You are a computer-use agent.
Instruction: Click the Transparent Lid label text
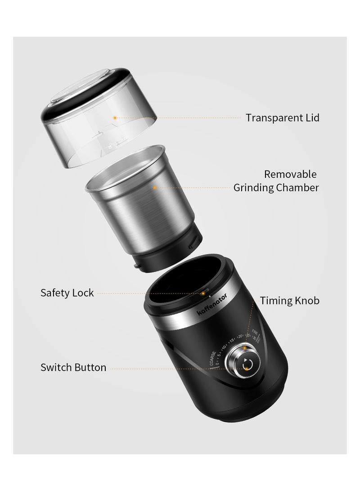(x=282, y=118)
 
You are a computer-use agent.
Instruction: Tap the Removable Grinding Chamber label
(x=276, y=181)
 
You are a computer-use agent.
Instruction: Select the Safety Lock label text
(x=67, y=293)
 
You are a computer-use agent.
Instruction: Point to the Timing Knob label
(x=290, y=301)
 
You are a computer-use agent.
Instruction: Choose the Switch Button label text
(x=73, y=368)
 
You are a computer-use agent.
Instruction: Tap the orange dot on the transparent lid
(x=115, y=117)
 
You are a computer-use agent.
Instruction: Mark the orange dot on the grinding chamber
(x=154, y=187)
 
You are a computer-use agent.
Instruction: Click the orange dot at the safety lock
(x=203, y=293)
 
